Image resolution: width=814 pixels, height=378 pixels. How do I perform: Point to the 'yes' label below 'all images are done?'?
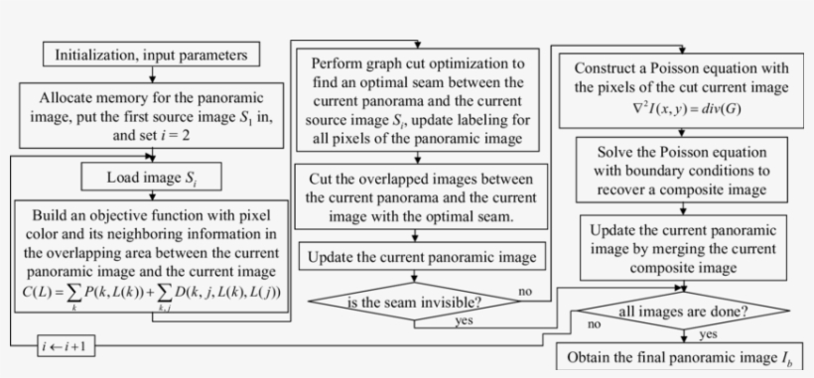(709, 334)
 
